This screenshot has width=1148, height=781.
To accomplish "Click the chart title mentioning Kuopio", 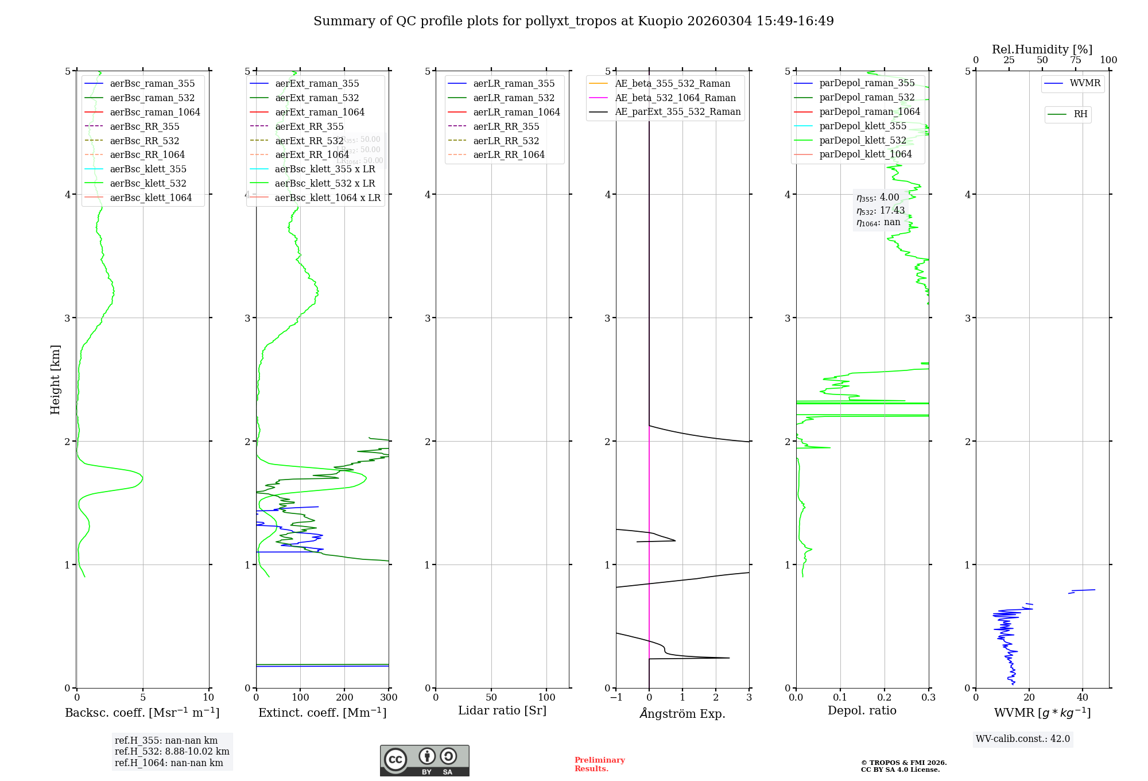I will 573,21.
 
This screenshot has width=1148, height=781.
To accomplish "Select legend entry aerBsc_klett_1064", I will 150,198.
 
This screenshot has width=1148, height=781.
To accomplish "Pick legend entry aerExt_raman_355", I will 317,83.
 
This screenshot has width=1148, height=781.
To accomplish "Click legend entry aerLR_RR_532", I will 506,141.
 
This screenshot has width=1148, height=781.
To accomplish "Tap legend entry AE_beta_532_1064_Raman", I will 675,98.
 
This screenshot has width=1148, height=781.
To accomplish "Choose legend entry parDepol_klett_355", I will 863,126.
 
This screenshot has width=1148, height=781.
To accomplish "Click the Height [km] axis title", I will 55,380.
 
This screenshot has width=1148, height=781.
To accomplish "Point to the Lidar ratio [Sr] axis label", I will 502,710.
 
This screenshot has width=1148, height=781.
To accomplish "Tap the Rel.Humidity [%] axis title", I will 1042,49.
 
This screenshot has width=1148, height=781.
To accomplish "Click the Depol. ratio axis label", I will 862,710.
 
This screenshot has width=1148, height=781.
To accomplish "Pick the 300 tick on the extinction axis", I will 389,698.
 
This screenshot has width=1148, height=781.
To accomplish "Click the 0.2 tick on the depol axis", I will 885,698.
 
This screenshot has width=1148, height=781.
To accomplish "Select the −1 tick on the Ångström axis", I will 616,698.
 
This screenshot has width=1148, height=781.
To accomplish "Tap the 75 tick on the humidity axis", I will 1076,60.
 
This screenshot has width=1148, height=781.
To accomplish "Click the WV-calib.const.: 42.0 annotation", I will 1023,739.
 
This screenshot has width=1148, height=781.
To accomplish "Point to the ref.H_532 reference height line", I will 172,752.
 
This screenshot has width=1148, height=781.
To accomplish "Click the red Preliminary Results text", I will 599,764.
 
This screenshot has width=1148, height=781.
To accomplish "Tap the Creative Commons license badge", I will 424,760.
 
